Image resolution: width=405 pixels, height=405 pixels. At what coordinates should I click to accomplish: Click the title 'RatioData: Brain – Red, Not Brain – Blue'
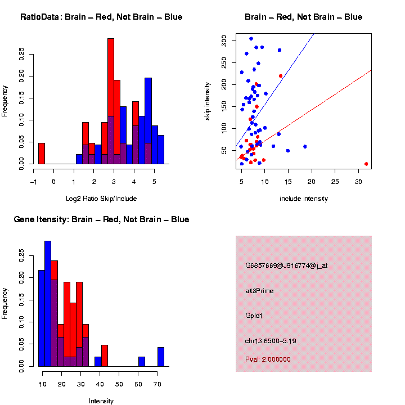(x=101, y=17)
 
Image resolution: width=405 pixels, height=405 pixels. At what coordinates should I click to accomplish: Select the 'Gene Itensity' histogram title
(x=101, y=219)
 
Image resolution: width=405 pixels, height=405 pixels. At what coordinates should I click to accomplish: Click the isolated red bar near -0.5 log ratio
(x=42, y=153)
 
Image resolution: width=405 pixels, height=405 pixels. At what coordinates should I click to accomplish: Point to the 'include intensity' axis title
(x=303, y=199)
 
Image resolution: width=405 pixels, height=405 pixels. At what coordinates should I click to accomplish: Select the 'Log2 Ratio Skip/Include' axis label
(x=101, y=199)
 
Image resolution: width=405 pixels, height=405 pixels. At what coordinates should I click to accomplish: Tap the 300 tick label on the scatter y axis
(x=224, y=40)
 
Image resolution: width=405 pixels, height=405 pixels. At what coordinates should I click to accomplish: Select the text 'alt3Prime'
(x=259, y=291)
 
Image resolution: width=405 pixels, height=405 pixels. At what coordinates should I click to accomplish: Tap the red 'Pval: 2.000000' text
(x=268, y=359)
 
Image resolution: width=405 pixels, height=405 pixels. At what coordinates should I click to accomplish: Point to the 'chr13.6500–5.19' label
(x=274, y=340)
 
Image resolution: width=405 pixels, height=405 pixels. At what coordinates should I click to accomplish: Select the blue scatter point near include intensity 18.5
(x=305, y=146)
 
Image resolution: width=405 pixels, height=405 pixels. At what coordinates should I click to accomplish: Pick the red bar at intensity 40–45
(x=105, y=356)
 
